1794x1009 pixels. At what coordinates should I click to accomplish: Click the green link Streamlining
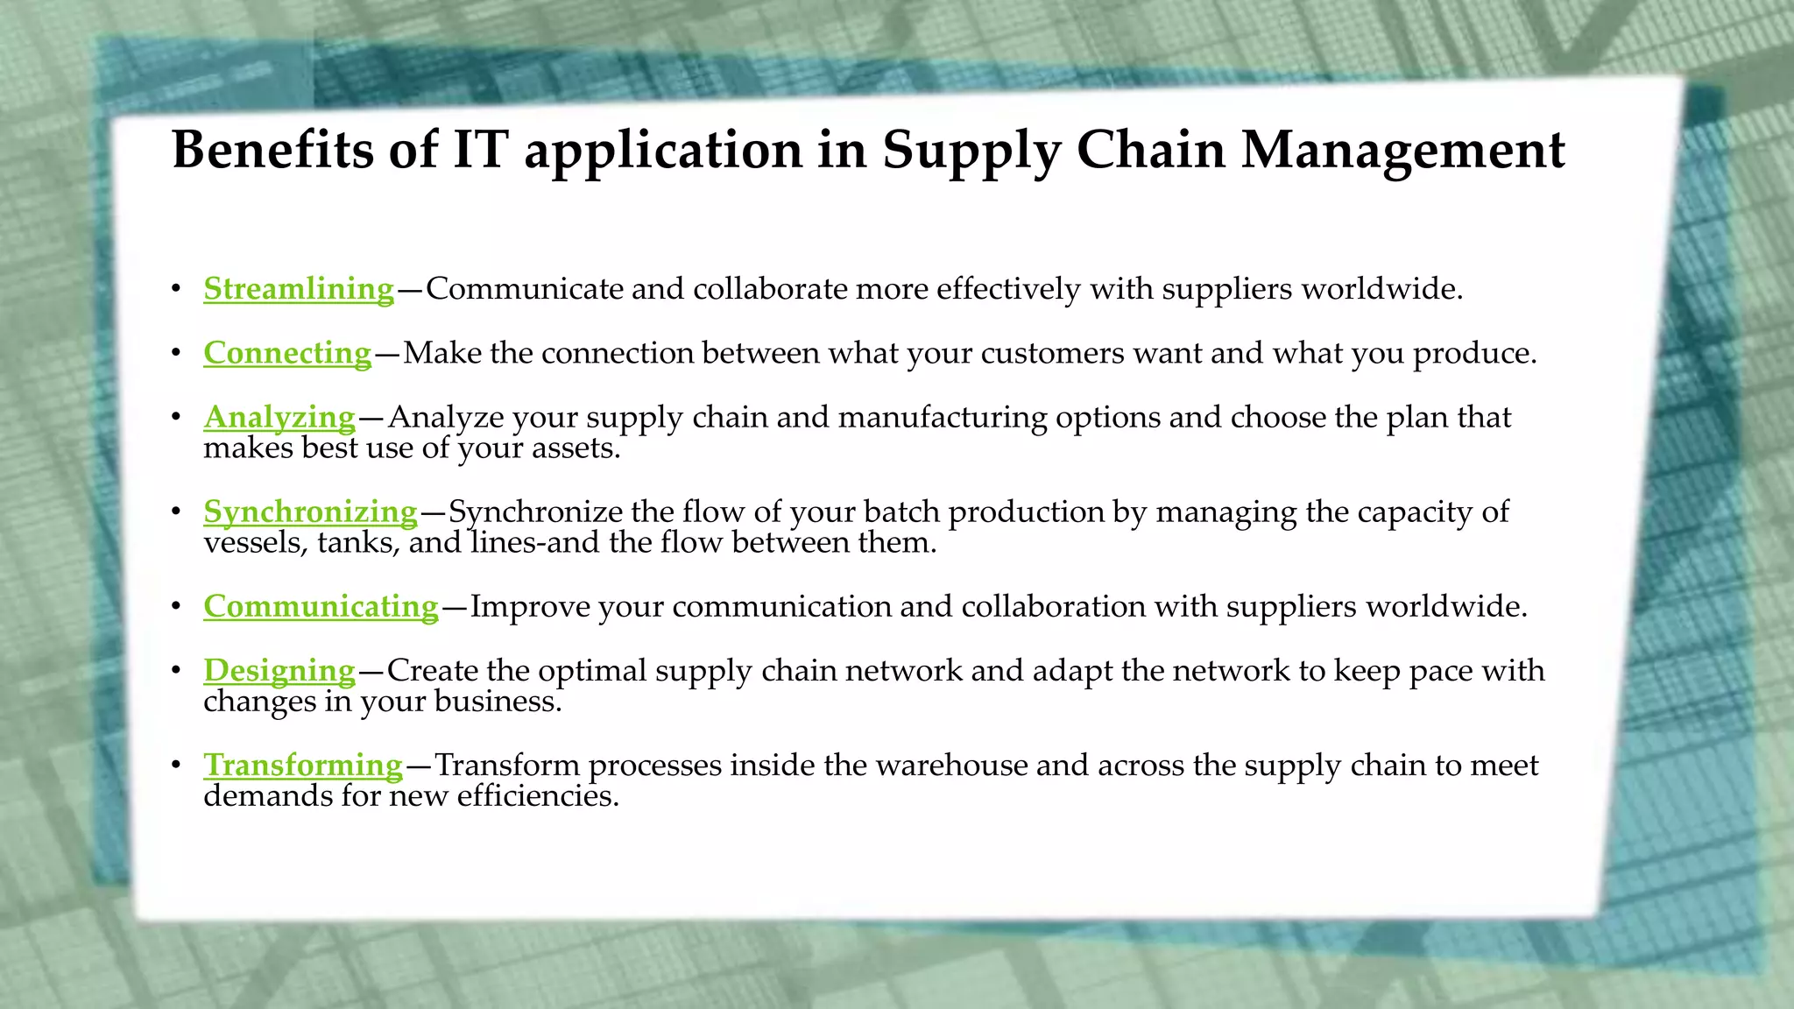click(299, 288)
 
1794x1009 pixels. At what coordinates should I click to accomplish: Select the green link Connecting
click(287, 352)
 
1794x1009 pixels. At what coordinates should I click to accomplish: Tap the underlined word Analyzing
click(279, 417)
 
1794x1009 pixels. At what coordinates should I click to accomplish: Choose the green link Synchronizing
click(310, 512)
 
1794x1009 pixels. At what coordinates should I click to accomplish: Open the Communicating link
click(321, 606)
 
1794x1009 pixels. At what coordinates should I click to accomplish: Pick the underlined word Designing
click(279, 670)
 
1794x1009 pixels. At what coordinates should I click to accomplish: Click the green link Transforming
click(303, 765)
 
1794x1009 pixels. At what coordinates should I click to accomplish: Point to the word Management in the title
click(1402, 149)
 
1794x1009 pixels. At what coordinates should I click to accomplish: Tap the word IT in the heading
click(480, 149)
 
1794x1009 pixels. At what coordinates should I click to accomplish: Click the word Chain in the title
click(1150, 149)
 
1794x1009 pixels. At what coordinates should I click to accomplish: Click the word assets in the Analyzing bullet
click(576, 448)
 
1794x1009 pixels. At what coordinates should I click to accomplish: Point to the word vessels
click(255, 543)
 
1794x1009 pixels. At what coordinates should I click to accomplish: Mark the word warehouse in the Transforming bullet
click(951, 766)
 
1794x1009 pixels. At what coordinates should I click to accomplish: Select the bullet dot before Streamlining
click(176, 289)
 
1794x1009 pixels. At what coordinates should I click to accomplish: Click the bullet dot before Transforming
click(176, 766)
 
